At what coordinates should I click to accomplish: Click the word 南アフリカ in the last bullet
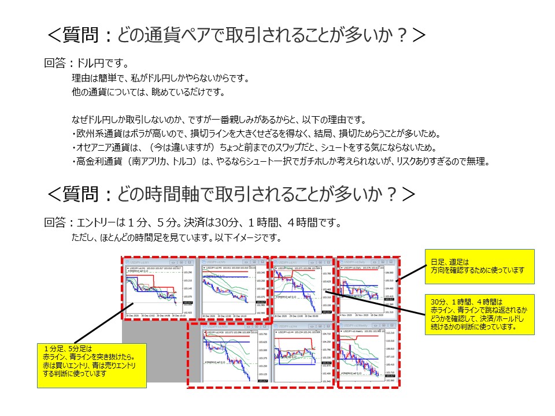[x=151, y=162]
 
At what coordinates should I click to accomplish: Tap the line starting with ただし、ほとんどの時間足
[x=176, y=237]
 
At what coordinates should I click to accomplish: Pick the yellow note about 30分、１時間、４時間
[x=479, y=313]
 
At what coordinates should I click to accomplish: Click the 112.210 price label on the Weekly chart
[x=389, y=333]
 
